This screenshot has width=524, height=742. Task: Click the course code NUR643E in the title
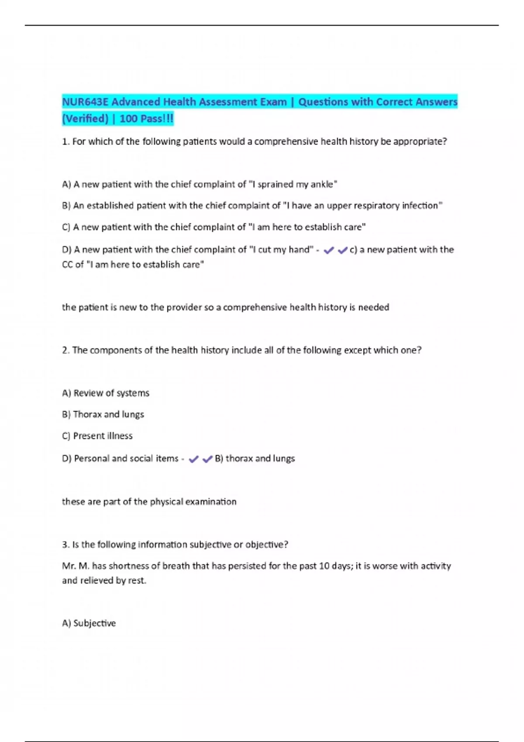[85, 102]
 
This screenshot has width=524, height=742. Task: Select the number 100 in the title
[128, 119]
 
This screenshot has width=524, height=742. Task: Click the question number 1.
[65, 141]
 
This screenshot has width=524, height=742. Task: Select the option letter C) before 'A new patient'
[66, 227]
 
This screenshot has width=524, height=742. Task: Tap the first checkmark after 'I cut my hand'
[328, 250]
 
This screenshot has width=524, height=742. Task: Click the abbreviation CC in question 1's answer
[67, 265]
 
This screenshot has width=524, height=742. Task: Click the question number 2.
[65, 350]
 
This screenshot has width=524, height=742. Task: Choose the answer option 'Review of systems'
[106, 393]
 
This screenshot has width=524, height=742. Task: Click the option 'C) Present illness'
[97, 436]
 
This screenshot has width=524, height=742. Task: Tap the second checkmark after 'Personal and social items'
[207, 459]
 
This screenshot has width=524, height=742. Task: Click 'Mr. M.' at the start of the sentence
[76, 566]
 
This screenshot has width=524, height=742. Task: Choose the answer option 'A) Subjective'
[89, 623]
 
